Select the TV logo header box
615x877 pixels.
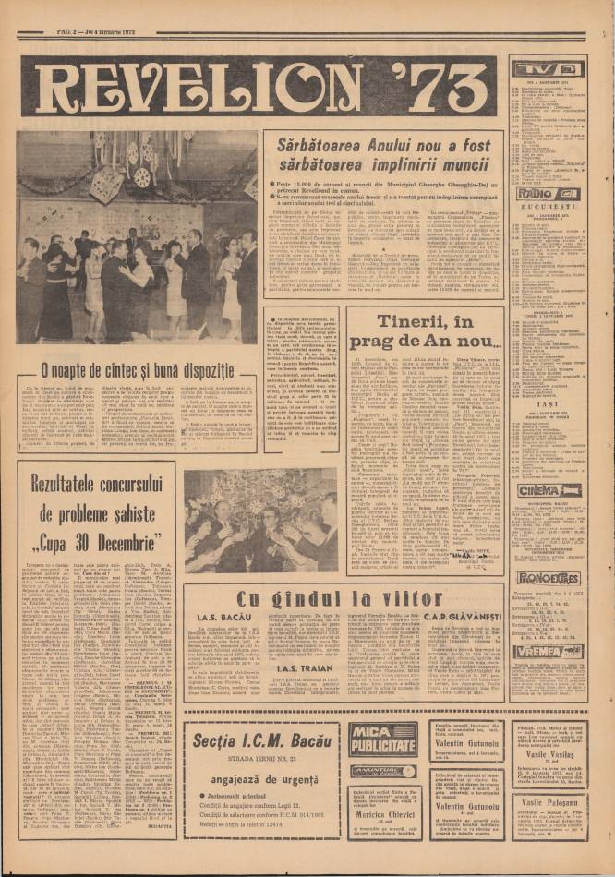pos(548,69)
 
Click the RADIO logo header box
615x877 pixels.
pos(548,194)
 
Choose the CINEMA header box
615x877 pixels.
pos(549,491)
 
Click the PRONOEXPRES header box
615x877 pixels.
pos(549,578)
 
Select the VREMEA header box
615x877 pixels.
pos(549,651)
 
